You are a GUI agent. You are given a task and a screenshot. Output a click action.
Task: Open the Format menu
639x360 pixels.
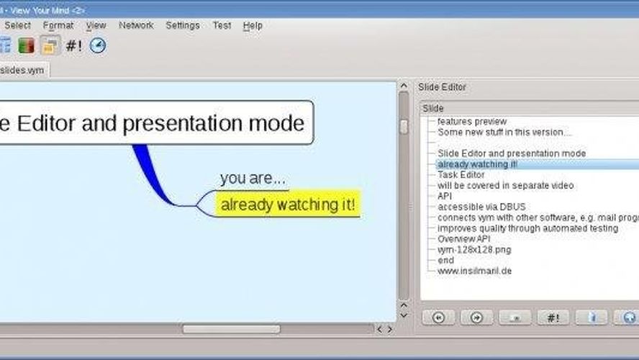pyautogui.click(x=58, y=25)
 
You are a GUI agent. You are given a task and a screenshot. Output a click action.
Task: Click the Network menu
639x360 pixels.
pyautogui.click(x=136, y=25)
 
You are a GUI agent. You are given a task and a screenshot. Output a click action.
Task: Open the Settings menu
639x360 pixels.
pyautogui.click(x=183, y=25)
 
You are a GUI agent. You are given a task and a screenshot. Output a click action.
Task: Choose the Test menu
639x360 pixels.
pyautogui.click(x=222, y=25)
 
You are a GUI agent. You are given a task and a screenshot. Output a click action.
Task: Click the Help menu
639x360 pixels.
pyautogui.click(x=253, y=25)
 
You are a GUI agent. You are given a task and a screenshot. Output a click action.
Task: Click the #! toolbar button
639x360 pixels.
pyautogui.click(x=73, y=45)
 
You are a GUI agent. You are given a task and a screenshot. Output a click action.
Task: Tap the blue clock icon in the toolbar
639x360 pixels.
pyautogui.click(x=98, y=45)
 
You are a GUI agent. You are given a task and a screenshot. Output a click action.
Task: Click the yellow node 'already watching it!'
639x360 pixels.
pyautogui.click(x=288, y=204)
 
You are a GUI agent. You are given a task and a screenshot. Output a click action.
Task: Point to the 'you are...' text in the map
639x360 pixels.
pyautogui.click(x=253, y=178)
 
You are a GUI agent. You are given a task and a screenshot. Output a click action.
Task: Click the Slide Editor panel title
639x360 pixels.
pyautogui.click(x=443, y=87)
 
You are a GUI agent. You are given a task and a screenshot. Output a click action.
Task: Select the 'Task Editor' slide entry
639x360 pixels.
pyautogui.click(x=461, y=174)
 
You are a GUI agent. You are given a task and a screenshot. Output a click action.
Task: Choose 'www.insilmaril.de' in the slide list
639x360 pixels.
pyautogui.click(x=474, y=271)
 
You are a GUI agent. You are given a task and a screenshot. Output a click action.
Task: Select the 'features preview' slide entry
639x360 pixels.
pyautogui.click(x=472, y=122)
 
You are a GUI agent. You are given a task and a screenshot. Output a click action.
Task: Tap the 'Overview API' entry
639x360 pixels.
pyautogui.click(x=463, y=238)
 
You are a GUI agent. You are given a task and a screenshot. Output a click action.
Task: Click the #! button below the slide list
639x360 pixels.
pyautogui.click(x=553, y=318)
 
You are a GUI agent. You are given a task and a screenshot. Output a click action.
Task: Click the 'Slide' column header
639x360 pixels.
pyautogui.click(x=434, y=108)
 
